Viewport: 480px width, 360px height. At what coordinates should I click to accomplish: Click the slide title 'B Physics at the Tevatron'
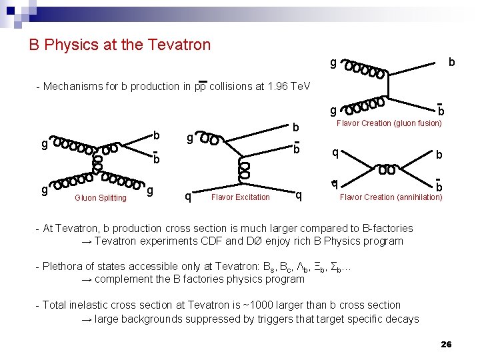click(119, 45)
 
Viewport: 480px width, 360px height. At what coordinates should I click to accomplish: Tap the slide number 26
click(446, 344)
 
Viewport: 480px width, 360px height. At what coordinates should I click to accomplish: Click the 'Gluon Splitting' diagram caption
click(101, 198)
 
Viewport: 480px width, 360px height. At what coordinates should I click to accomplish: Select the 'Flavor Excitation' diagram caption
click(240, 197)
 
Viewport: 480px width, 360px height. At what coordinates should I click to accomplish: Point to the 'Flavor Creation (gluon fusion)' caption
click(389, 123)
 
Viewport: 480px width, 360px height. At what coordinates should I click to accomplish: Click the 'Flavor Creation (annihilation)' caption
click(391, 197)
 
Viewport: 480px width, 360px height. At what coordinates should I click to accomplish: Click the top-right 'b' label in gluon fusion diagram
click(452, 62)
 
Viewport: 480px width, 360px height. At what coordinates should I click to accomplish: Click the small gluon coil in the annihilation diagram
click(386, 170)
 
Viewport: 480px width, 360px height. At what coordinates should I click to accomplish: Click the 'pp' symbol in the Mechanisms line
click(199, 87)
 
